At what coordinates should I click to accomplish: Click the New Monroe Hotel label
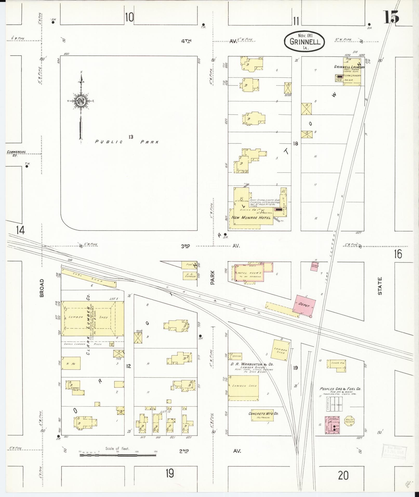tap(251, 217)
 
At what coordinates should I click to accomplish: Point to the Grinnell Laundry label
tap(349, 67)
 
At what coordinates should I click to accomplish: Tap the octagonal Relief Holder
tap(349, 421)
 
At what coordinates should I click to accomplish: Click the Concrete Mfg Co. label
tap(263, 413)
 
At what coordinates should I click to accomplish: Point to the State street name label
tap(380, 286)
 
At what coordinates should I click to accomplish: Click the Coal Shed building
tap(88, 278)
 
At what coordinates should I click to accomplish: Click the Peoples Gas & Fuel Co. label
tap(340, 389)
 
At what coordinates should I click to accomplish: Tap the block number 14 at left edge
tap(20, 230)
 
